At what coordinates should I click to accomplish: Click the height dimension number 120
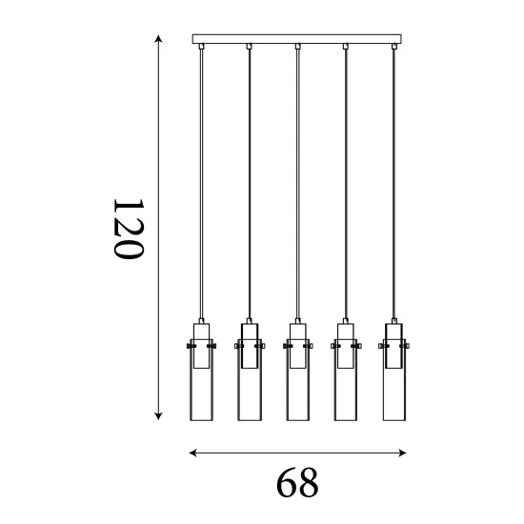(129, 229)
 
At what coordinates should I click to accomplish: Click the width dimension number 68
(297, 483)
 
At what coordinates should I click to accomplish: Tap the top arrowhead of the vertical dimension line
(159, 38)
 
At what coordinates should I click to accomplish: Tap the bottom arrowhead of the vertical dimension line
(159, 415)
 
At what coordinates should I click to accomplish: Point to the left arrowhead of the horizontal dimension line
(192, 453)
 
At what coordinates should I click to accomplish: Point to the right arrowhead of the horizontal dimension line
(402, 453)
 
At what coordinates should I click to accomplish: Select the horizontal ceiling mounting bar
(296, 39)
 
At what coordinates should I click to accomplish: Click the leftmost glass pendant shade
(202, 380)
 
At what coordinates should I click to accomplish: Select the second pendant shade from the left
(250, 380)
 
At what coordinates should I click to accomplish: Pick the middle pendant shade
(298, 380)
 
